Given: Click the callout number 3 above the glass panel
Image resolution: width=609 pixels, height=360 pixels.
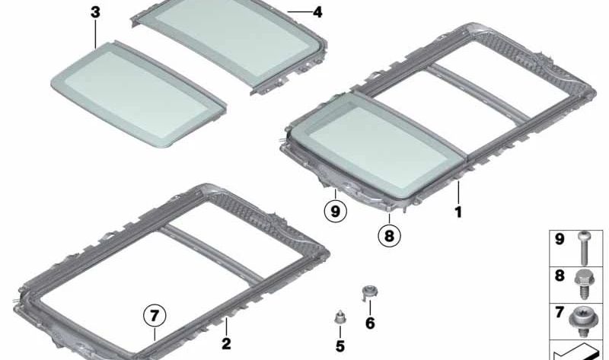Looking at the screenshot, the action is tap(95, 12).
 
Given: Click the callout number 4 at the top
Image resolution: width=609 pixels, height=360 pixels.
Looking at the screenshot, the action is tap(317, 12).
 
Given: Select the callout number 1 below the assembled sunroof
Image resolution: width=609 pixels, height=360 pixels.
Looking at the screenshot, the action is tap(458, 212).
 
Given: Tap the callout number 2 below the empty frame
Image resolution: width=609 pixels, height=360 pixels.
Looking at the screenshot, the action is tap(226, 343).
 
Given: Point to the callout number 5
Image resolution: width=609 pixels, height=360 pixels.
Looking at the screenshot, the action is tap(340, 346).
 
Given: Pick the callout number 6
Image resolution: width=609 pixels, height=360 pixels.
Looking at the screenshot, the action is tap(370, 323).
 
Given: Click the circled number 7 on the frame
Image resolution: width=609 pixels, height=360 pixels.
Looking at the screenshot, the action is tap(155, 316).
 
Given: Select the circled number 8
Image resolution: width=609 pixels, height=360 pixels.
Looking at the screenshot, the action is tap(389, 235).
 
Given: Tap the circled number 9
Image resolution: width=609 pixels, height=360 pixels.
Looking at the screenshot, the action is tap(335, 212).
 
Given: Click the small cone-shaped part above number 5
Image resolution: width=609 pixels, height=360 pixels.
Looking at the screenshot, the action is tap(340, 317).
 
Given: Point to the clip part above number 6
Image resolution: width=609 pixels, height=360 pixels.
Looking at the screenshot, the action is tap(369, 292).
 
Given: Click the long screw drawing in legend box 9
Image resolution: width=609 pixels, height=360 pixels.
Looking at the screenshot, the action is tap(583, 248).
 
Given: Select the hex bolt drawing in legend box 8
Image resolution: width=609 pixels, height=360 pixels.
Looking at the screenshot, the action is tap(583, 284).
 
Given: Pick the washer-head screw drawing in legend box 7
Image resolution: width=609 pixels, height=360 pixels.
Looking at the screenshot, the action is tap(582, 321).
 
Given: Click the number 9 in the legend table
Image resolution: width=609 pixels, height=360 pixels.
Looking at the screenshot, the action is tap(560, 239).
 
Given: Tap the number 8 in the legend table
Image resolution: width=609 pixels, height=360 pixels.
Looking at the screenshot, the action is tap(560, 276).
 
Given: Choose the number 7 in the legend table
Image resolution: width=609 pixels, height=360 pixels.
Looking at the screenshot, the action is tap(560, 312).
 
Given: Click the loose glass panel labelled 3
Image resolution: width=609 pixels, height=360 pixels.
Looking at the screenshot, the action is tap(139, 94).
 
